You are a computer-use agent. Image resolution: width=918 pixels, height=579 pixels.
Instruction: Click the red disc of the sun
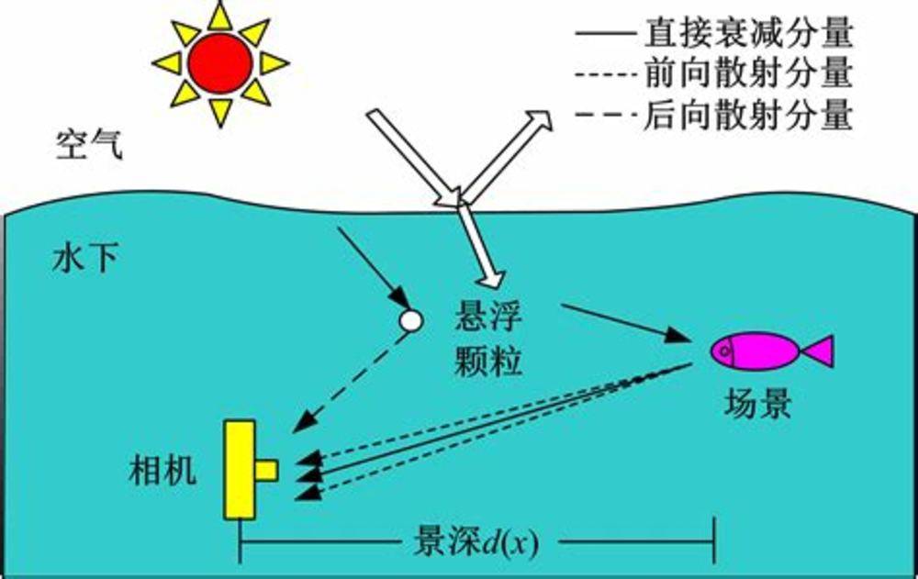pyautogui.click(x=220, y=62)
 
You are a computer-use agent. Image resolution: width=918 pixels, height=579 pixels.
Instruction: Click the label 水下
pyautogui.click(x=85, y=258)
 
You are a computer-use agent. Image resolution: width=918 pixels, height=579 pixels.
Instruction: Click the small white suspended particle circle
pyautogui.click(x=410, y=320)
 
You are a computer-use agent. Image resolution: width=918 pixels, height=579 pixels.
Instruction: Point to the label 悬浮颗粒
pyautogui.click(x=488, y=340)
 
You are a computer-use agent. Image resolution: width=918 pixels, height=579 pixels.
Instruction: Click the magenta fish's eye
pyautogui.click(x=725, y=351)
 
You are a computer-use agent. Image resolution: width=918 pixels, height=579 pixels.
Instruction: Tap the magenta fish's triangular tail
pyautogui.click(x=820, y=351)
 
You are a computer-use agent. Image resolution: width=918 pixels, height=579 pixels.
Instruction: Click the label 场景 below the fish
pyautogui.click(x=757, y=404)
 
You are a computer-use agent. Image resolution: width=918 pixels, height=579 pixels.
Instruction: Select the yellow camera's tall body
pyautogui.click(x=240, y=470)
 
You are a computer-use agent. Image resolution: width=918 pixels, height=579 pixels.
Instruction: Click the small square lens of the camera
pyautogui.click(x=266, y=470)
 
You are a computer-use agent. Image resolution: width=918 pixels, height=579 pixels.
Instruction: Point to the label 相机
pyautogui.click(x=162, y=470)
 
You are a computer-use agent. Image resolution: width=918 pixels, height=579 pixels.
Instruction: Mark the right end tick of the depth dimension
pyautogui.click(x=714, y=540)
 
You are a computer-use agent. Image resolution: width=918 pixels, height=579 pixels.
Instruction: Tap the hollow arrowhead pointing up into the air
pyautogui.click(x=537, y=120)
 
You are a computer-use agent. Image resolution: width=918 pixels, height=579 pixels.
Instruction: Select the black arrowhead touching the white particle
pyautogui.click(x=399, y=299)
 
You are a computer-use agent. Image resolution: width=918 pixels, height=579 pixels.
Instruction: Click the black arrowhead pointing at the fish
pyautogui.click(x=679, y=335)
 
